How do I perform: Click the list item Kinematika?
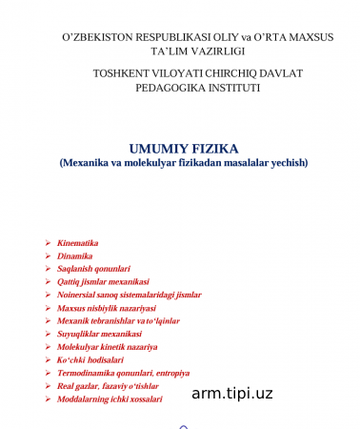78,243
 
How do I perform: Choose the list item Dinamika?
75,256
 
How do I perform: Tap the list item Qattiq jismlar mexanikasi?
104,282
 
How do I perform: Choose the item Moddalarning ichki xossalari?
110,400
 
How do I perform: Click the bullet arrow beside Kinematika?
48,243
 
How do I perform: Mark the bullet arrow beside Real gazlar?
48,387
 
